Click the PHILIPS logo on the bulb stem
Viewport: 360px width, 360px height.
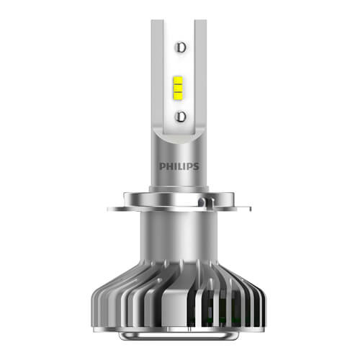pyautogui.click(x=179, y=166)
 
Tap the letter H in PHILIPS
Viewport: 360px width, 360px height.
pyautogui.click(x=169, y=166)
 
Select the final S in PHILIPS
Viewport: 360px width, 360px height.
pyautogui.click(x=196, y=166)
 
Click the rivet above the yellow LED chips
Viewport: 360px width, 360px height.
pyautogui.click(x=181, y=48)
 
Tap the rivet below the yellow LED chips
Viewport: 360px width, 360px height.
pyautogui.click(x=181, y=117)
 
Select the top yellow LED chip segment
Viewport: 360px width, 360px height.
pyautogui.click(x=178, y=81)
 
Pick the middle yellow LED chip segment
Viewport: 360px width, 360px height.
pyautogui.click(x=178, y=88)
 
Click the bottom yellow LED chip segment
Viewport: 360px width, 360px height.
pyautogui.click(x=178, y=96)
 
